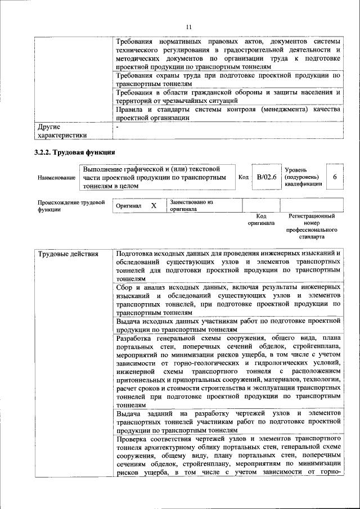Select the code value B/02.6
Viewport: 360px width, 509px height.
[x=267, y=177]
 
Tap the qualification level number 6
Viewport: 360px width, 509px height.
[x=335, y=177]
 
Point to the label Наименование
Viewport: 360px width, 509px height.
[x=56, y=178]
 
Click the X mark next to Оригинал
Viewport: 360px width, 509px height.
[x=153, y=206]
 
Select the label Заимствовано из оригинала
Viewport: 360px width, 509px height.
[x=191, y=205]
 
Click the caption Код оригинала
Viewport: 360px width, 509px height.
[x=261, y=219]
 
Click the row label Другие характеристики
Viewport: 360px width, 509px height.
[x=62, y=130]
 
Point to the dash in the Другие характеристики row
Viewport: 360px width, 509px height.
[x=118, y=128]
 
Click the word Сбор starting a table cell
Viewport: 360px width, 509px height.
[x=125, y=287]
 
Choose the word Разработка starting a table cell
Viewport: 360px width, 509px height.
[x=135, y=338]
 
